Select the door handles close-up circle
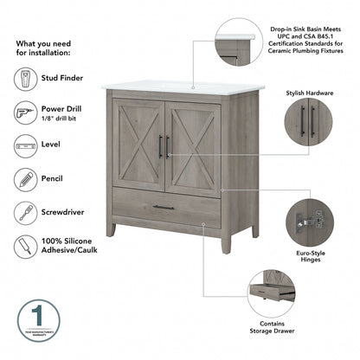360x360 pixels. (307, 121)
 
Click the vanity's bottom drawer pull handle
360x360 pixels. (164, 207)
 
